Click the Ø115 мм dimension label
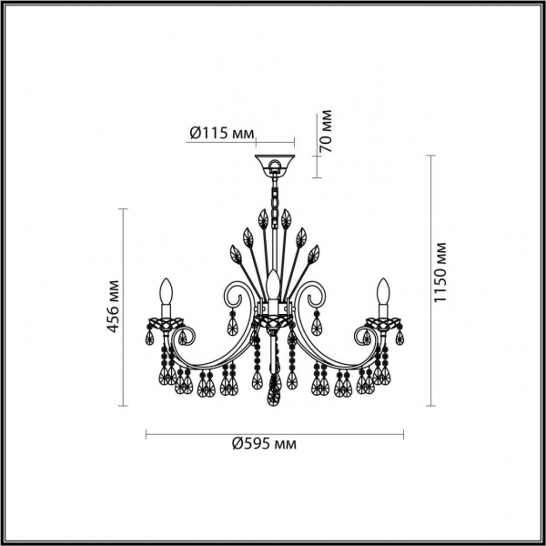(x=221, y=133)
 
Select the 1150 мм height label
(x=441, y=272)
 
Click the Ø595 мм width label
(x=265, y=444)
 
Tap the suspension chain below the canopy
(x=273, y=197)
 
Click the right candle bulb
(x=382, y=294)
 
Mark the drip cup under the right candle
(x=382, y=322)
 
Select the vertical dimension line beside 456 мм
(x=124, y=309)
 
